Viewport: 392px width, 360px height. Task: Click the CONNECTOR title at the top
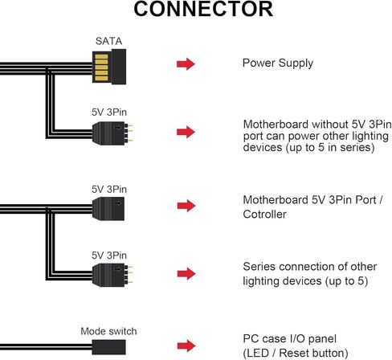point(203,9)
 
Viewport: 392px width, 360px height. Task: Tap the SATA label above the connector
point(108,41)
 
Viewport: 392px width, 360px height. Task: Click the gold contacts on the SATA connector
point(101,67)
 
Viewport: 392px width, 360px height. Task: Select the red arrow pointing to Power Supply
point(186,64)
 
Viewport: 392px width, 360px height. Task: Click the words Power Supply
point(278,63)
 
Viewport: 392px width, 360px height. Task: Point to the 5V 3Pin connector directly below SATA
point(112,133)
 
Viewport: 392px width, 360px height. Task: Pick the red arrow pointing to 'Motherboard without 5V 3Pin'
point(186,132)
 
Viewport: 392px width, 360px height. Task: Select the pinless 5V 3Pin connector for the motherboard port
point(108,209)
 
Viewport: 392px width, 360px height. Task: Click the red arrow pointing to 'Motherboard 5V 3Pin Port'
point(186,206)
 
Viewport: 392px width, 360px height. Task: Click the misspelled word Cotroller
point(264,215)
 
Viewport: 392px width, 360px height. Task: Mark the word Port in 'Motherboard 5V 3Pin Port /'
point(365,200)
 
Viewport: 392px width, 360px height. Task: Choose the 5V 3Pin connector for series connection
point(112,275)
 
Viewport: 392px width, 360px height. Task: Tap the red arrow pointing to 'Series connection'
point(186,273)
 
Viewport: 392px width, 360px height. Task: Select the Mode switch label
point(108,331)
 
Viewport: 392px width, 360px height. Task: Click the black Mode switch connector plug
point(108,347)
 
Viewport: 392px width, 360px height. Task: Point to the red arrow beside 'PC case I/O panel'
point(186,346)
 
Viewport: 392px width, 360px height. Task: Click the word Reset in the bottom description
point(292,353)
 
